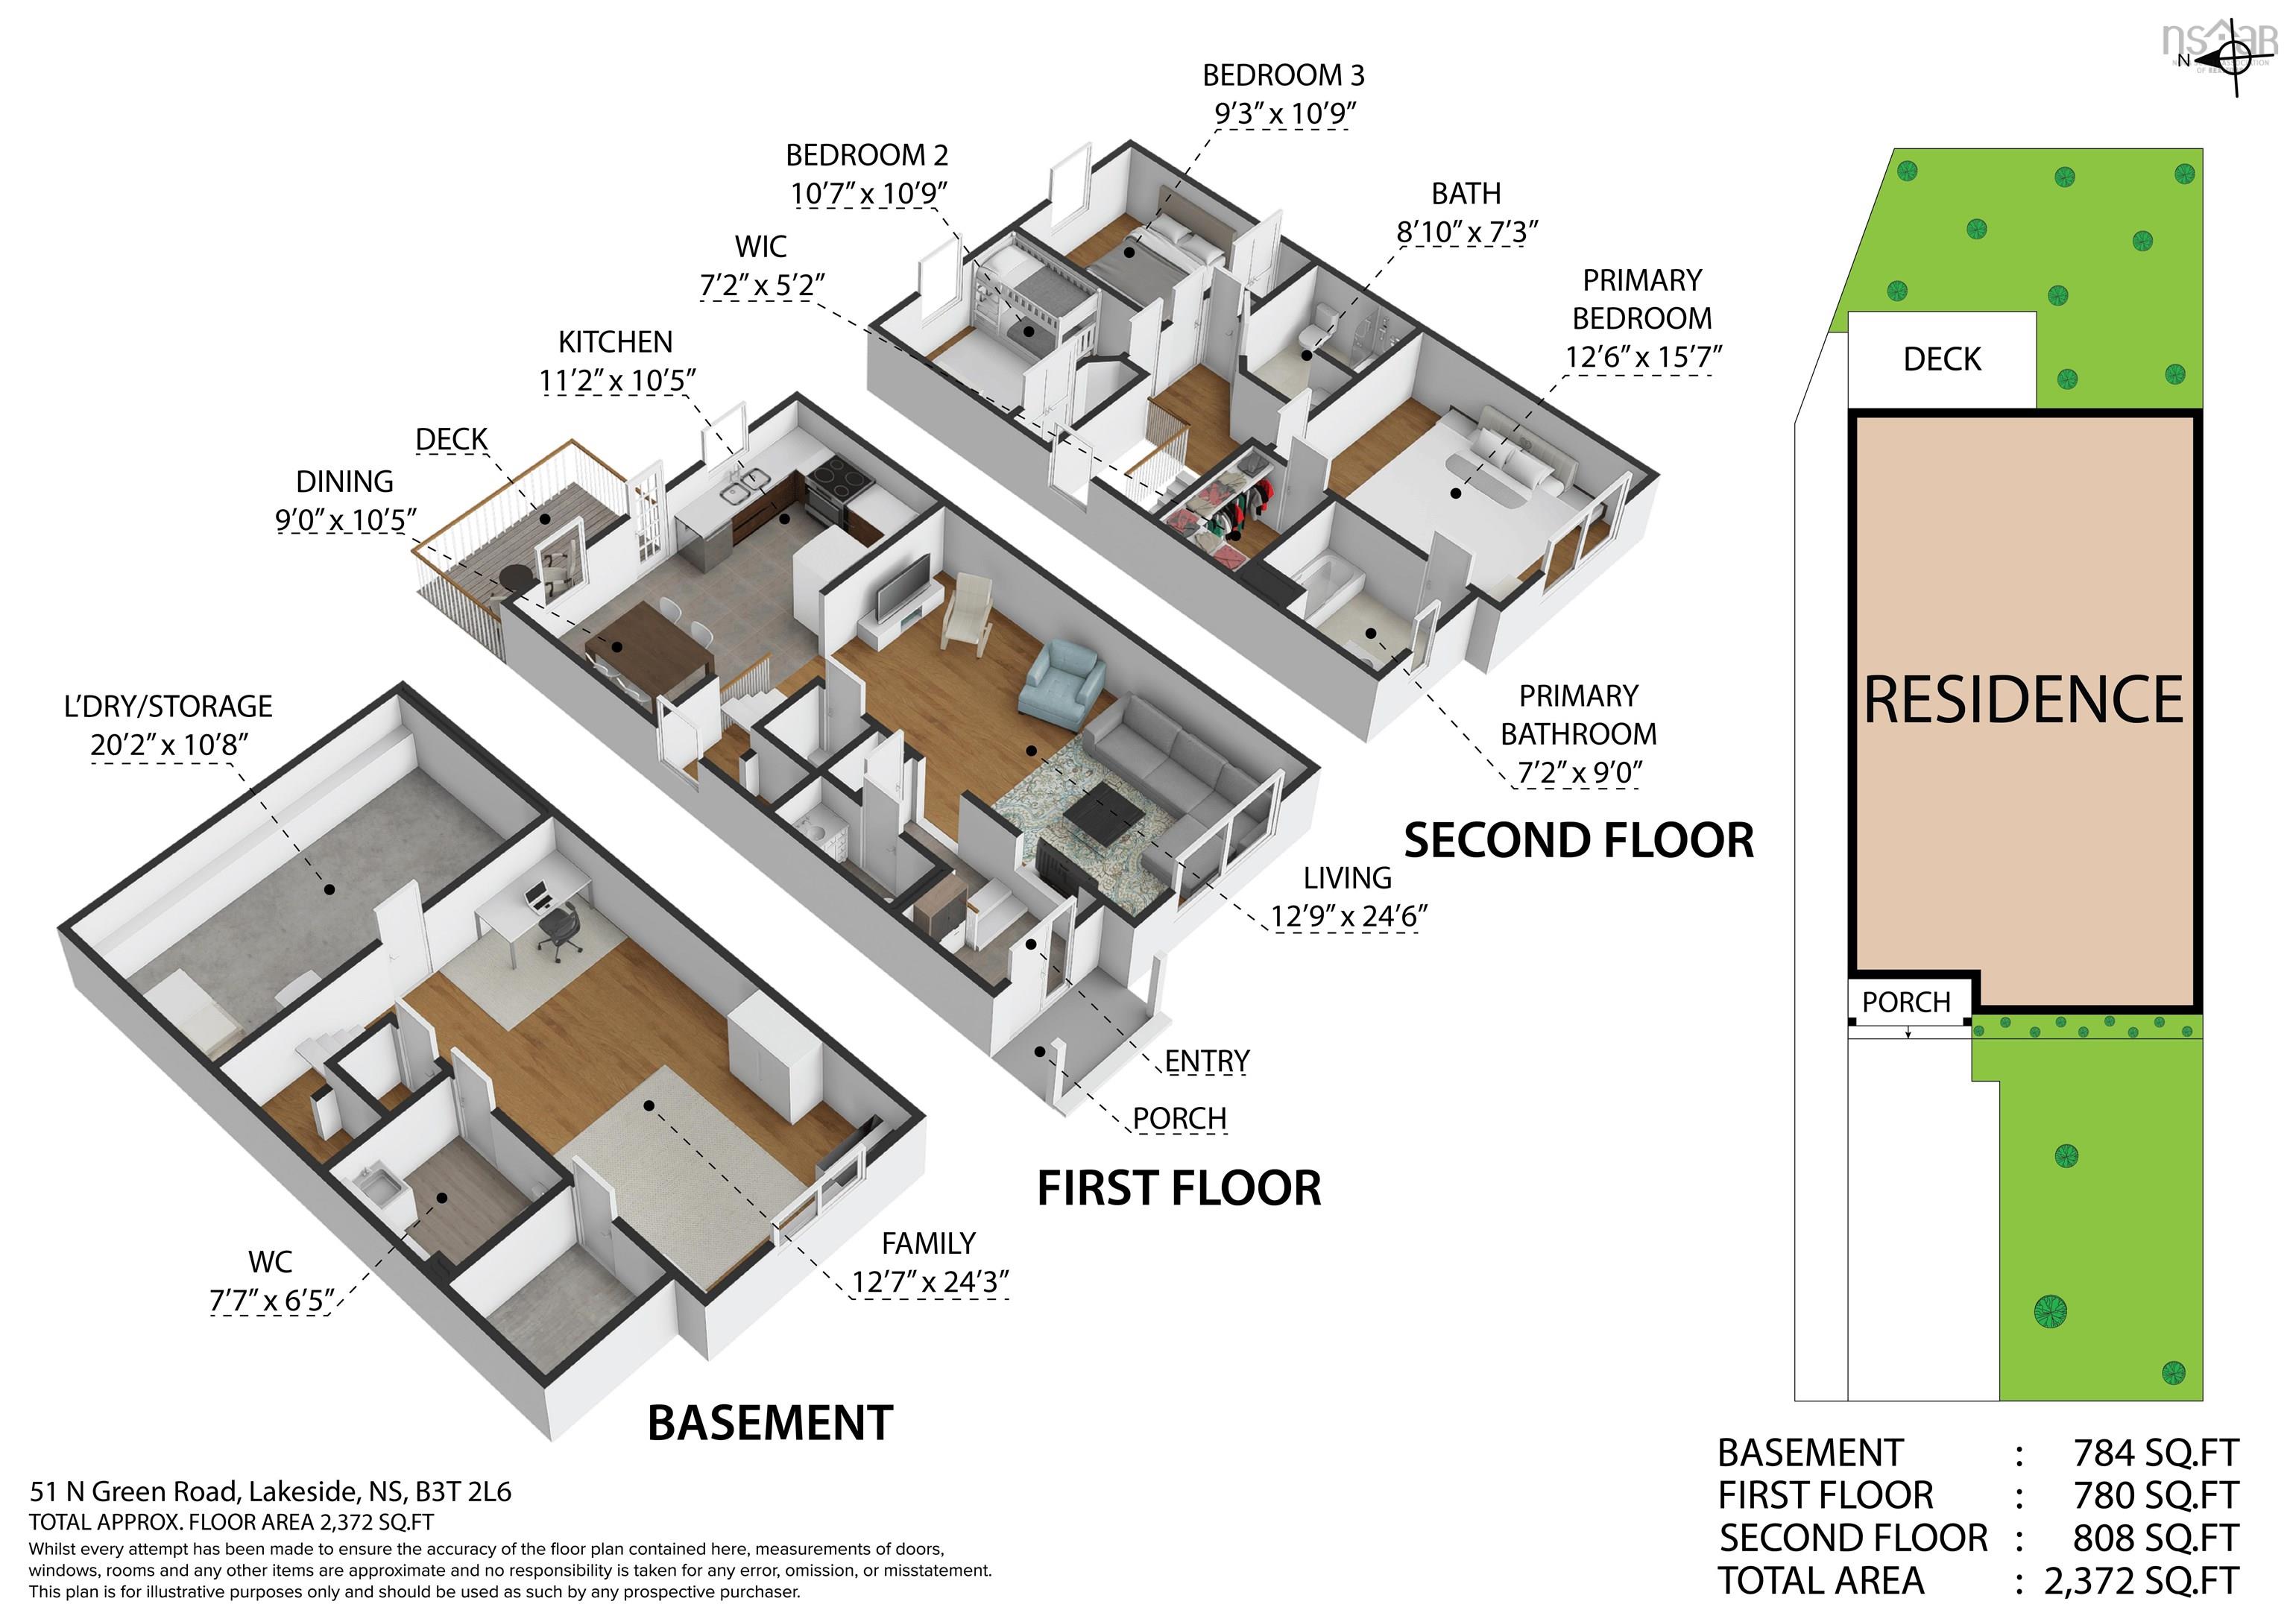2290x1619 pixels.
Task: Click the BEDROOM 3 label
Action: pos(1283,75)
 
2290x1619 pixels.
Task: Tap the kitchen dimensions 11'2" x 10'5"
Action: pos(617,381)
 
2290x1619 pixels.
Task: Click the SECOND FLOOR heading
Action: pos(1579,840)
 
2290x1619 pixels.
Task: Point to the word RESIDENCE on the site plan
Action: pos(2022,699)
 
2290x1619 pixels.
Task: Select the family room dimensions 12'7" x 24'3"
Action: pos(930,1282)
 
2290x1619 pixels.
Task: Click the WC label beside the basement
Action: pos(271,1262)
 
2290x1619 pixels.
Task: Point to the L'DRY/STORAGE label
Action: pos(168,706)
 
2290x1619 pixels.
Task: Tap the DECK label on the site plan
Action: pos(1942,359)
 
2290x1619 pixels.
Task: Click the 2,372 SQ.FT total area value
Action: pos(2142,1581)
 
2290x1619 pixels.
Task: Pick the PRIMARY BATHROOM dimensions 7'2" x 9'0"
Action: pos(1578,772)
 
